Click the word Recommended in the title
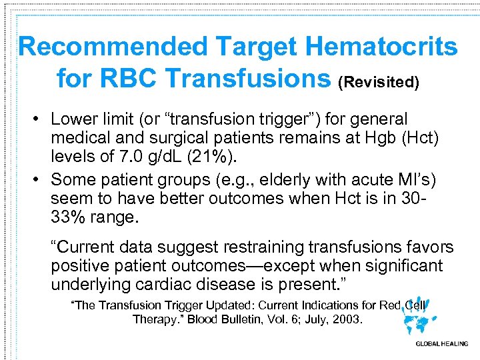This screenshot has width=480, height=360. pos(112,47)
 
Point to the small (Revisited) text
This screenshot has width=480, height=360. pos(379,82)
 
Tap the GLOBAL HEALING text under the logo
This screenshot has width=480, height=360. pos(441,344)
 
